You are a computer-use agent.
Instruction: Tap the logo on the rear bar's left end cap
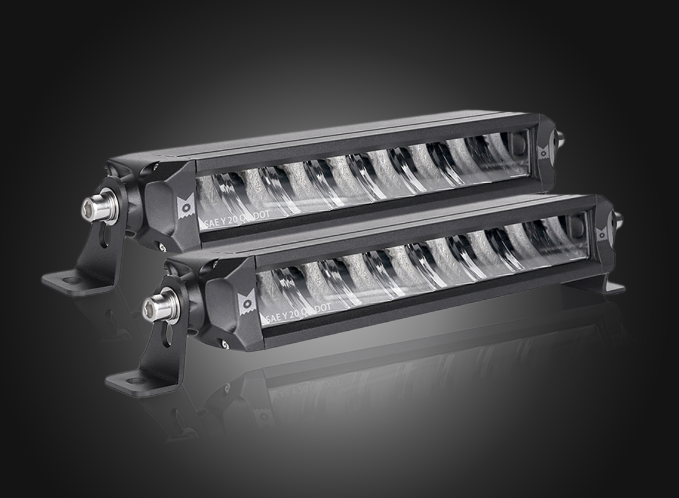coord(186,205)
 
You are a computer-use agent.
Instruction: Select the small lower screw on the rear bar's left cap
coord(161,245)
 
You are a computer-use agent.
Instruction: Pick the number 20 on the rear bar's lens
coord(236,218)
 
